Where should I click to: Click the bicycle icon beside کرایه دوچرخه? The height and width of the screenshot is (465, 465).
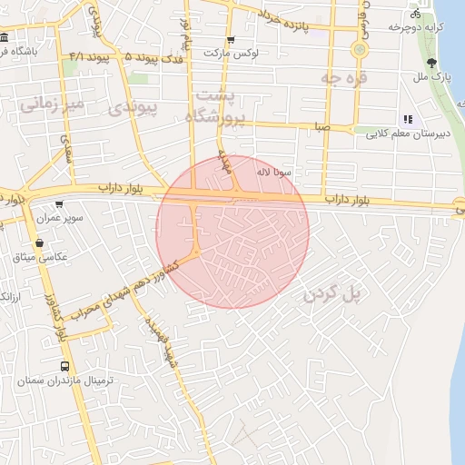[415, 14]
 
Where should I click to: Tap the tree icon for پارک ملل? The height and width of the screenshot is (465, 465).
[431, 63]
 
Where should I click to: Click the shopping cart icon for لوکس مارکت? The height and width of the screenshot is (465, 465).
[231, 40]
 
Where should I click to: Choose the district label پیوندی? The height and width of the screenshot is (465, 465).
[133, 110]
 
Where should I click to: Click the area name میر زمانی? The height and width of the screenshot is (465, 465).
[52, 104]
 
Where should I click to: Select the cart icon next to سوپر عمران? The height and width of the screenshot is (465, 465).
[59, 204]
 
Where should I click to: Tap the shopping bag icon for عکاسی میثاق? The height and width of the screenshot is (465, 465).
[39, 243]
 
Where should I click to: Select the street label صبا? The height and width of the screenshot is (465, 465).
[322, 127]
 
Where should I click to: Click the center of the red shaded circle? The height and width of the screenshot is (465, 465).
[233, 232]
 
